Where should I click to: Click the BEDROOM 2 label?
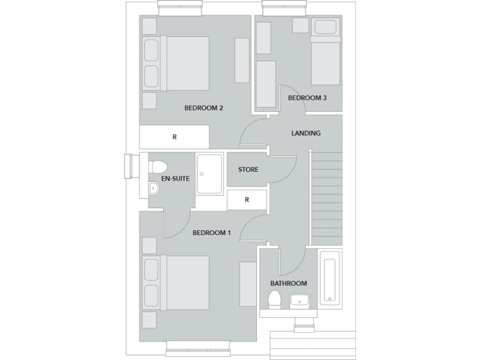click(204, 108)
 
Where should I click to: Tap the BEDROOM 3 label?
click(307, 98)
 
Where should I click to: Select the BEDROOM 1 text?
click(211, 233)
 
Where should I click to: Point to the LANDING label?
click(306, 133)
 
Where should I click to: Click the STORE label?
click(248, 169)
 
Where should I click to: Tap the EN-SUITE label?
click(175, 179)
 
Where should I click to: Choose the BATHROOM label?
click(288, 283)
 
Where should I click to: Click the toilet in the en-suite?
click(158, 167)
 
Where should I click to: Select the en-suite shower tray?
click(210, 174)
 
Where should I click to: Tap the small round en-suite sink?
click(154, 189)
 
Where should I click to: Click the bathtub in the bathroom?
click(329, 277)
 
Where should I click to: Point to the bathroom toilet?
click(273, 300)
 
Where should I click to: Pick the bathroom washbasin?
click(299, 302)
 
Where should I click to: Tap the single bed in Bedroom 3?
click(326, 60)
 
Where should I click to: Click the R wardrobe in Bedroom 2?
click(174, 137)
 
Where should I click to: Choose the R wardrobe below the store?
click(247, 200)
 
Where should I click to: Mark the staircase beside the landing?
click(327, 197)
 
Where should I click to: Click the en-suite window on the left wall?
click(131, 167)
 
